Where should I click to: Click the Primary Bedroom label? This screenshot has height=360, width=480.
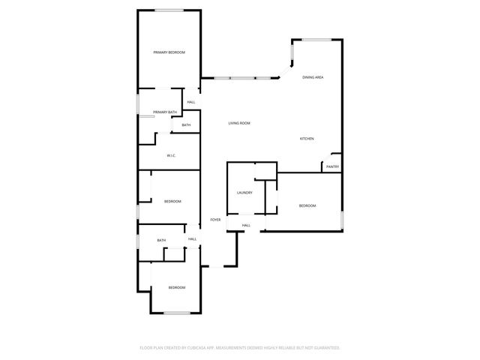(169, 52)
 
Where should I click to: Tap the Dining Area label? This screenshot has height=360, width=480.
(313, 77)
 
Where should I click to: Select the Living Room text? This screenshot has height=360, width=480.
(239, 123)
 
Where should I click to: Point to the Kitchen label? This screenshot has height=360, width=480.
(307, 139)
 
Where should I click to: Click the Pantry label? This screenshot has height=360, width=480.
(333, 166)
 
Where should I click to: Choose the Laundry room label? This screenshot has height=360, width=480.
(244, 193)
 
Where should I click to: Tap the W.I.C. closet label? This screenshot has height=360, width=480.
(171, 156)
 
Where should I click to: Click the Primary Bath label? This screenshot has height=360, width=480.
(165, 112)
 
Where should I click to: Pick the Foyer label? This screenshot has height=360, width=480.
(215, 220)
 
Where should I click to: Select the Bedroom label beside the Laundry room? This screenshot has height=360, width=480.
(307, 205)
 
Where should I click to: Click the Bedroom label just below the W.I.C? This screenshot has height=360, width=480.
(173, 201)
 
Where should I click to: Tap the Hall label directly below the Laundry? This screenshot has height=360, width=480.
(246, 225)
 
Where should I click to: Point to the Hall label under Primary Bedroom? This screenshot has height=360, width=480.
(191, 102)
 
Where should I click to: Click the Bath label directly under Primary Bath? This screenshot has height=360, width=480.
(186, 124)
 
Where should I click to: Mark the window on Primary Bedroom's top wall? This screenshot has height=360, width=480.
(169, 10)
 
